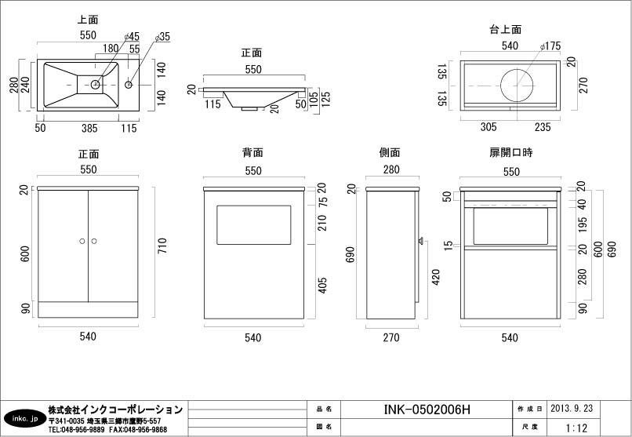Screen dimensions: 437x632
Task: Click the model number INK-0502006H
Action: pos(427,410)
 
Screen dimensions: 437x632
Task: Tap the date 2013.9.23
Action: pos(571,409)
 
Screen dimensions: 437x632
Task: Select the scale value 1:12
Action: pos(576,428)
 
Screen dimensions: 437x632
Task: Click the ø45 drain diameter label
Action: pos(131,36)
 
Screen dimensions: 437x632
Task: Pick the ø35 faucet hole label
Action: pos(163,36)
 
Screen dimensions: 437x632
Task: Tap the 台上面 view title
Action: pos(505,30)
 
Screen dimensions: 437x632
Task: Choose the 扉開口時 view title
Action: pos(510,153)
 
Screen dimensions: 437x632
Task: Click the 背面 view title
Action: pos(252,153)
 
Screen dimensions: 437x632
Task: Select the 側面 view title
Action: pos(390,153)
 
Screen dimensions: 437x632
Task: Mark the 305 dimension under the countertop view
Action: pos(488,127)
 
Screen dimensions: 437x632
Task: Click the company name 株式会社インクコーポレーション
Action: pos(114,410)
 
